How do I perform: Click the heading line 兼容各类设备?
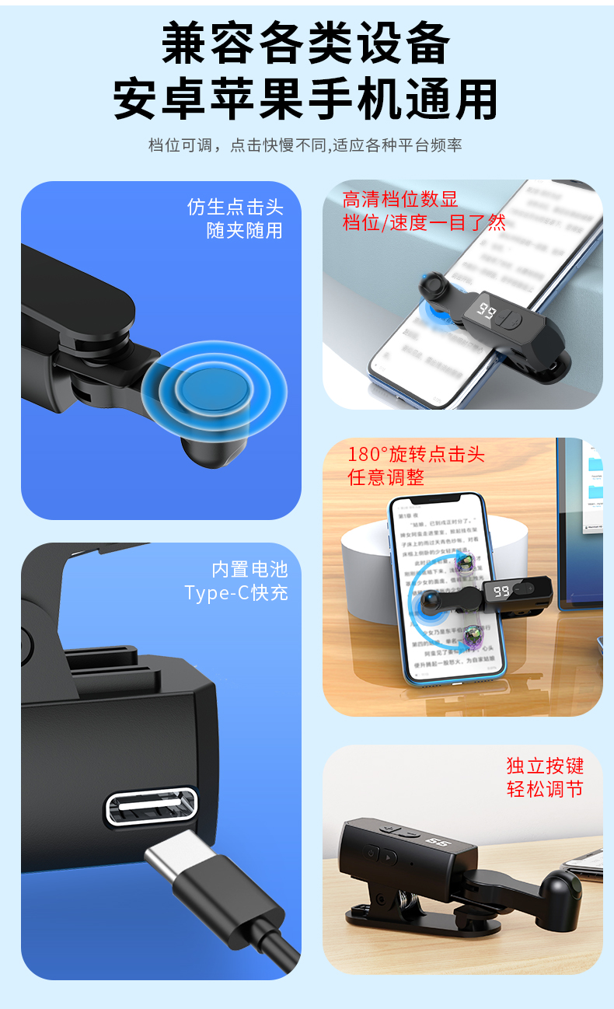tap(306, 43)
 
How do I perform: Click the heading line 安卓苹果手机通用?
tap(306, 99)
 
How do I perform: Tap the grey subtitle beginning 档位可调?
tap(305, 145)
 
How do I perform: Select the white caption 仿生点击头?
tap(235, 207)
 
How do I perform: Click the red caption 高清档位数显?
tap(400, 200)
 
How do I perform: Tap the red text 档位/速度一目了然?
tap(424, 223)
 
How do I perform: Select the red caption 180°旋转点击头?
tap(416, 454)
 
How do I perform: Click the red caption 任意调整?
tap(386, 477)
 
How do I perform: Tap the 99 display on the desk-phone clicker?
tap(501, 592)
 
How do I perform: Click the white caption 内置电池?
tap(249, 569)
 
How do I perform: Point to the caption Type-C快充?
tap(236, 592)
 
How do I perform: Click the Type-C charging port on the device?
tap(151, 806)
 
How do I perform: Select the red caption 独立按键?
tap(545, 766)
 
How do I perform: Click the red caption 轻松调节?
tap(545, 789)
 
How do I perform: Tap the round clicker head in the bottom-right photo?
tap(561, 885)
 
